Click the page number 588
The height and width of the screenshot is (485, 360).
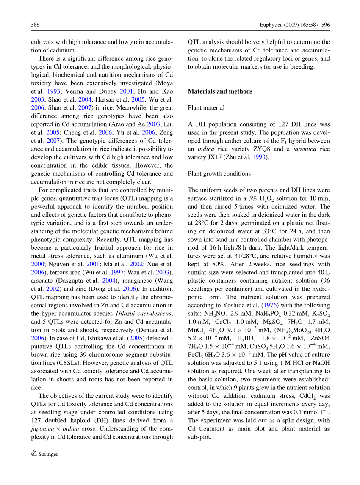point(35,25)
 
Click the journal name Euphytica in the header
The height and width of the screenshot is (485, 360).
point(272,25)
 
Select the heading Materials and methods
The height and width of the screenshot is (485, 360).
point(220,91)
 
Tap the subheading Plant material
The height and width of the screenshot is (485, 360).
point(206,108)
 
